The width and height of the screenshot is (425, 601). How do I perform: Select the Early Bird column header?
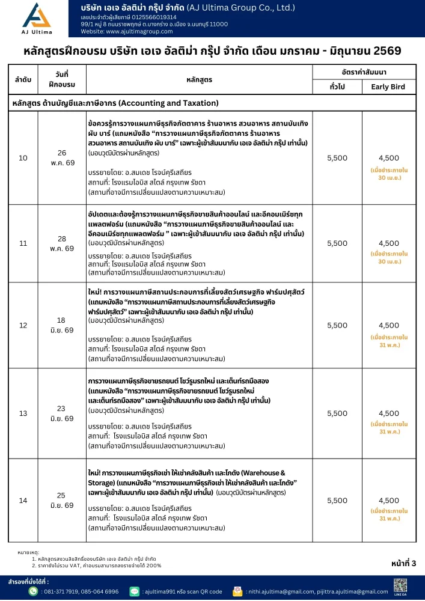point(388,87)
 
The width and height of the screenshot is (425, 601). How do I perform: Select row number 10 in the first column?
point(23,158)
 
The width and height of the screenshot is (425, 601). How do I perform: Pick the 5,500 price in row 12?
point(337,325)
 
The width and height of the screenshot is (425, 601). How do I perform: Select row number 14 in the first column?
point(23,500)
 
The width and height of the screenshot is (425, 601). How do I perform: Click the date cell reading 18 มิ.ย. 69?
point(61,325)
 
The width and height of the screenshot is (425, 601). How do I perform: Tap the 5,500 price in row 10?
point(337,157)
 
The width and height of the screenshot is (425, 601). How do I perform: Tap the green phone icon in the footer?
point(34,591)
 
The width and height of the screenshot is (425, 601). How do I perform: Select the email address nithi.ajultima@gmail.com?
point(281,592)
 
